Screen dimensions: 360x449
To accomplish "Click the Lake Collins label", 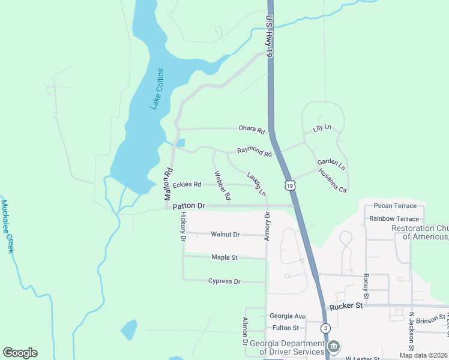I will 157,89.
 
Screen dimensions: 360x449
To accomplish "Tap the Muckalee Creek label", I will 7,226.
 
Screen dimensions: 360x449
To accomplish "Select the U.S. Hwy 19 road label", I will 269,37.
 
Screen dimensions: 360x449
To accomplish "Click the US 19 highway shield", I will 291,187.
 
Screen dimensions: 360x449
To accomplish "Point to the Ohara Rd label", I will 252,130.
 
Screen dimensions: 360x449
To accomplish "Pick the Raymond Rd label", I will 254,152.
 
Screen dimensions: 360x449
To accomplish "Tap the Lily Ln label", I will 322,129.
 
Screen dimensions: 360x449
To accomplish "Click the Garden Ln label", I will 331,164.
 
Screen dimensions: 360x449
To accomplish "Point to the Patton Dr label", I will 188,206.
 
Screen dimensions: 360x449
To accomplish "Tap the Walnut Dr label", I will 225,234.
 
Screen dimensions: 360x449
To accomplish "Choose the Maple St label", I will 224,257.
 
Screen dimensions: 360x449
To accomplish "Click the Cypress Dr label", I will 224,281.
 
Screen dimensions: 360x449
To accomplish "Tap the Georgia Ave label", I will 288,316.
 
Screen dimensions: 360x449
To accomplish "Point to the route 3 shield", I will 325,328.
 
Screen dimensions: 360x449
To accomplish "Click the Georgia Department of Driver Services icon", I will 334,347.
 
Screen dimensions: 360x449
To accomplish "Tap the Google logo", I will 20,353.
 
